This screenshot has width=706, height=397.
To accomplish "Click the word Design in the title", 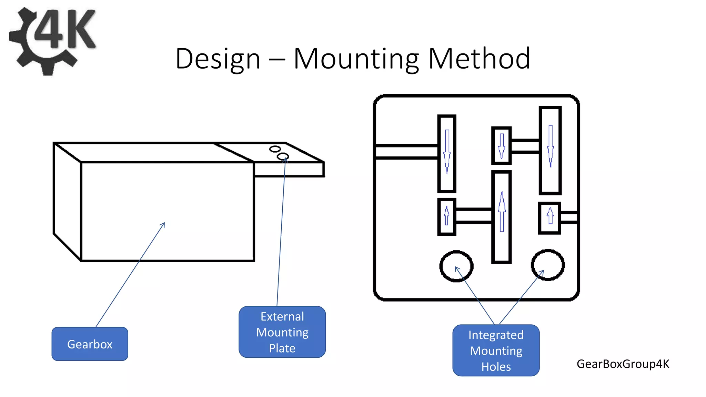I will [218, 59].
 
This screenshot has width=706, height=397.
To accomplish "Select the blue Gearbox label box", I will [90, 344].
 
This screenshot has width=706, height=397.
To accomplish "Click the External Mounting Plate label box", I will [282, 332].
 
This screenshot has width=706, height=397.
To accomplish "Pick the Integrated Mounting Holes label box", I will [496, 350].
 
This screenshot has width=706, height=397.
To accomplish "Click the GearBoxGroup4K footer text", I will [623, 364].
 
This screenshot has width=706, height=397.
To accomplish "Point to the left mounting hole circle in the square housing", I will [456, 266].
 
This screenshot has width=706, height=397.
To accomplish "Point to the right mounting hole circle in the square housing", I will [547, 265].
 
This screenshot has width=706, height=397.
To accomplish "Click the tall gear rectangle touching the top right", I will [550, 151].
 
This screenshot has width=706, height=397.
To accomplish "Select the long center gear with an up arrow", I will [501, 217].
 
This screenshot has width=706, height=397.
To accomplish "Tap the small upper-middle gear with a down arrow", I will [501, 145].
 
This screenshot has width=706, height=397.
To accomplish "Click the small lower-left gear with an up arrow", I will [447, 217].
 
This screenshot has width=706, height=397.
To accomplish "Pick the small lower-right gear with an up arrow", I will [549, 218].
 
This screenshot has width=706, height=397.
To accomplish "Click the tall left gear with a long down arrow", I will [447, 154].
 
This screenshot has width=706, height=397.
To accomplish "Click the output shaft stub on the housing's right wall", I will [569, 217].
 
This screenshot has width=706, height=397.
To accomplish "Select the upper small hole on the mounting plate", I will [275, 149].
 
